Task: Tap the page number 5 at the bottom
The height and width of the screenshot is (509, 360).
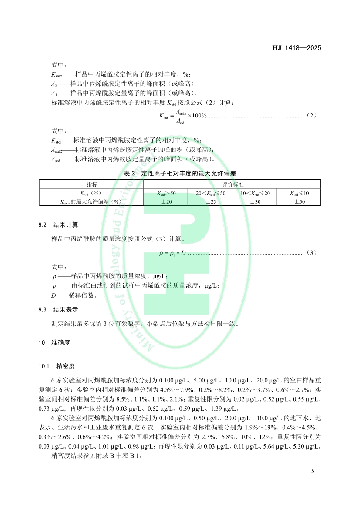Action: (x=313, y=471)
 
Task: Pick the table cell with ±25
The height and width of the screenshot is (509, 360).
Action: (x=210, y=202)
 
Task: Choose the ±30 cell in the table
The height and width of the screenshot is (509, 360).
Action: (x=255, y=202)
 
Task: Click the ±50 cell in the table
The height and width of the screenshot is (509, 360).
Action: (x=299, y=202)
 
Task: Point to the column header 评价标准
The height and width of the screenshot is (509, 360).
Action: (x=232, y=184)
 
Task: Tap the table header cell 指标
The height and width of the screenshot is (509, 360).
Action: (x=92, y=184)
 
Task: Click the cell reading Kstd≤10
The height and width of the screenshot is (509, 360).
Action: (x=299, y=193)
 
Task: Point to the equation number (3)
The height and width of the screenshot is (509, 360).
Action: (x=313, y=252)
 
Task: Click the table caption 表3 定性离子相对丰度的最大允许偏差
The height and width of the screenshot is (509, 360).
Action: (x=180, y=173)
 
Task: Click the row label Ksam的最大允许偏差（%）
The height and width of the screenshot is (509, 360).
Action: (x=92, y=202)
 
